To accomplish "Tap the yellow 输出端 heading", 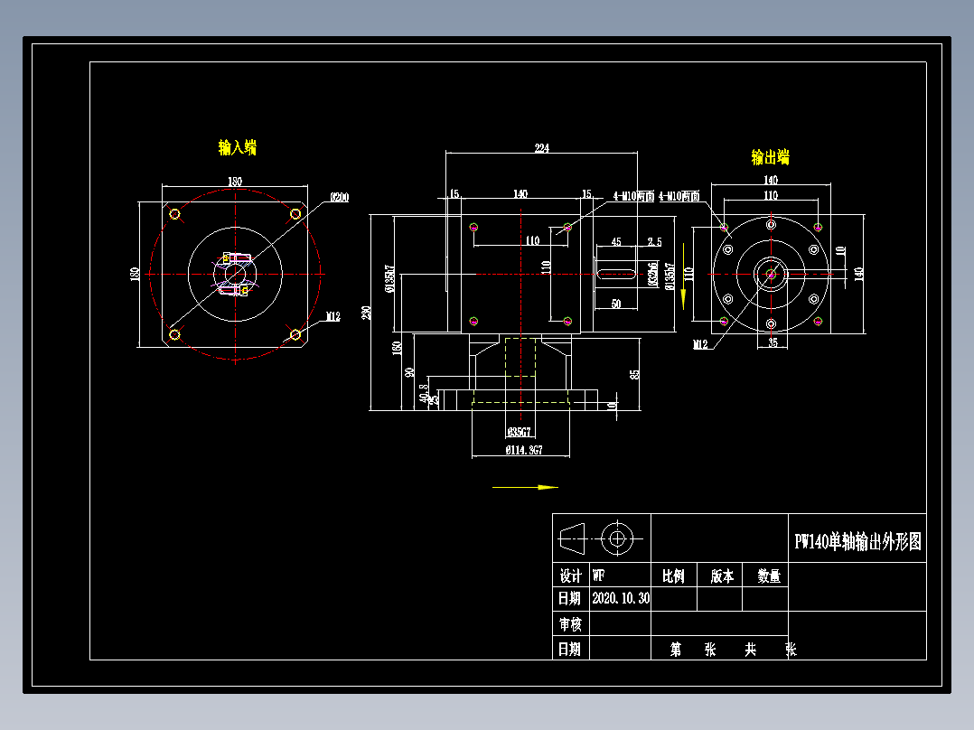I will click(x=770, y=157).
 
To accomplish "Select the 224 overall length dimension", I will click(x=542, y=148).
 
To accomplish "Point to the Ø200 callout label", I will click(x=340, y=197).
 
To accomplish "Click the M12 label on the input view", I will click(x=332, y=317).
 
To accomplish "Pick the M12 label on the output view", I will click(x=700, y=344).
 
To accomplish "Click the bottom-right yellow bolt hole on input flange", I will click(x=295, y=334).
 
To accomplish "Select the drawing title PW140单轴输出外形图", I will click(x=857, y=542).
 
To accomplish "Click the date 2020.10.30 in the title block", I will click(x=621, y=598).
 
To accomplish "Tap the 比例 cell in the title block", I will click(x=673, y=576).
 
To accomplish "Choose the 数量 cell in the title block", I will click(x=768, y=576).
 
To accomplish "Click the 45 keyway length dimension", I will click(x=616, y=242).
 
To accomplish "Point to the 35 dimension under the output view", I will click(x=773, y=342).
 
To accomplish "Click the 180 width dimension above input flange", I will click(x=235, y=182).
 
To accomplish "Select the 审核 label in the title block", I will click(x=570, y=624).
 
